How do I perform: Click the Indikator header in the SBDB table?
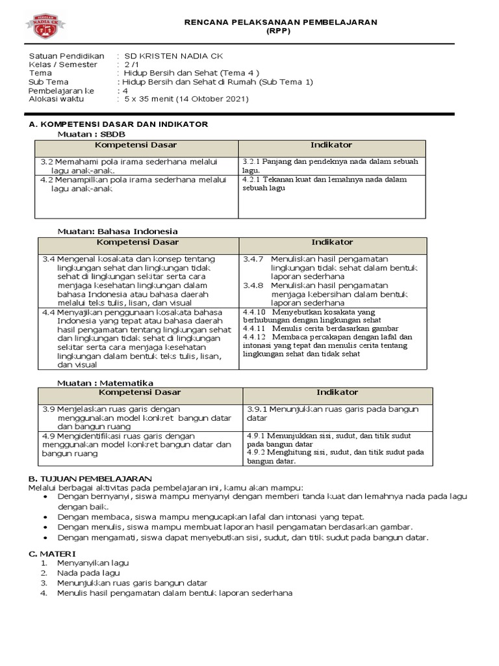click(331, 145)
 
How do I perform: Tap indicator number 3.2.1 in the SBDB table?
click(252, 161)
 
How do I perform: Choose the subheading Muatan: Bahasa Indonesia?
click(118, 231)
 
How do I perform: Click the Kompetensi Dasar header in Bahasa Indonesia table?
click(138, 242)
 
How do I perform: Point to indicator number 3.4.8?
click(253, 285)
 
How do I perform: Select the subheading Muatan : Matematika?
click(105, 383)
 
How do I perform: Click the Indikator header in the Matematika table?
click(337, 392)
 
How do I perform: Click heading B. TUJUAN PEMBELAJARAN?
click(90, 478)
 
